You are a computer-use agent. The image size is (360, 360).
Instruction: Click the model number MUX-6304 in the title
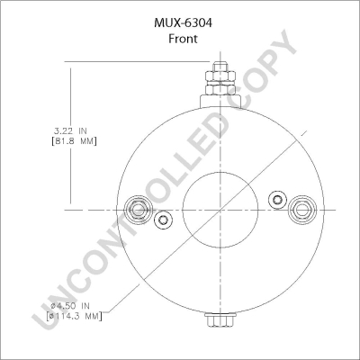pos(183,23)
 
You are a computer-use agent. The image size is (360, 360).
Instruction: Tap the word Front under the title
pos(183,39)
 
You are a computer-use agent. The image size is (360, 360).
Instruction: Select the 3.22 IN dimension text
pos(70,130)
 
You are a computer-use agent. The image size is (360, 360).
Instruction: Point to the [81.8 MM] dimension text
pos(73,141)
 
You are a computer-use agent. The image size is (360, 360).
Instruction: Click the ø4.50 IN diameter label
pos(70,306)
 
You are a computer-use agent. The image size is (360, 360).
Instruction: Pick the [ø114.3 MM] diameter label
pos(75,316)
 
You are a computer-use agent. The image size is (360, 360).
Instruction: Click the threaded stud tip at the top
pos(220,67)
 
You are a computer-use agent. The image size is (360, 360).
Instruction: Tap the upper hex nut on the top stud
pos(220,76)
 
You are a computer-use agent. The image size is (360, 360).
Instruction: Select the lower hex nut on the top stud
pos(220,89)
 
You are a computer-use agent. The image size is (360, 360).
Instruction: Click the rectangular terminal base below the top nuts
pos(220,101)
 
